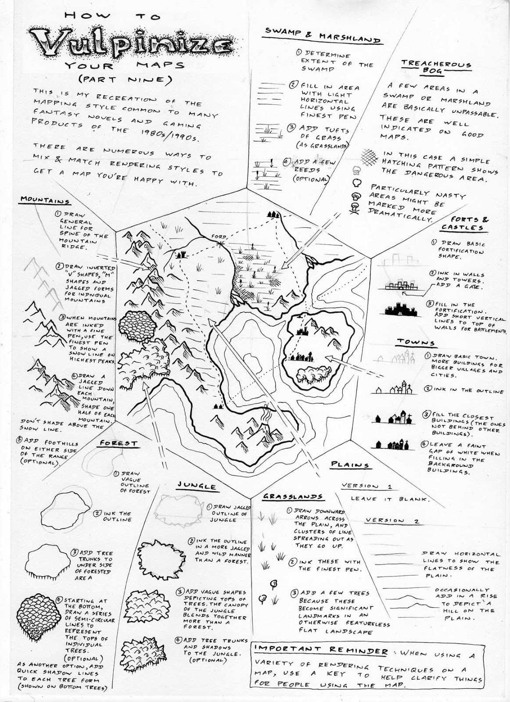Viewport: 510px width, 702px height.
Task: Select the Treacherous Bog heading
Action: tap(436, 67)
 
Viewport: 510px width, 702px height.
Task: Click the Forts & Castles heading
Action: tap(465, 223)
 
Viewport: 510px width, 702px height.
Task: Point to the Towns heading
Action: tap(416, 342)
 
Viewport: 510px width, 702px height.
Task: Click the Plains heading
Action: tap(349, 464)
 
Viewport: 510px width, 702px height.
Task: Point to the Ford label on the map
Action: tap(217, 237)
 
